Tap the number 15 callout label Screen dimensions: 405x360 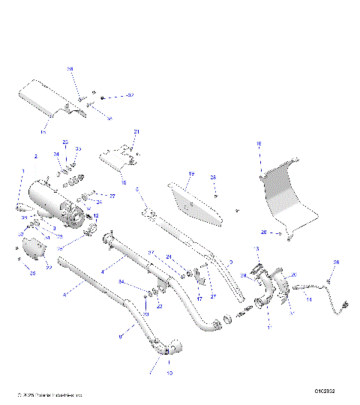pos(43,131)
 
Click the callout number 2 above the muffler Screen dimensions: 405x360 pos(35,156)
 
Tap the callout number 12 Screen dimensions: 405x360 pos(94,215)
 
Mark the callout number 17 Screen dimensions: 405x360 pos(199,298)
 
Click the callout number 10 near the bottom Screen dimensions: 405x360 pos(168,373)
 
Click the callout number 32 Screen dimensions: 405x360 pos(109,118)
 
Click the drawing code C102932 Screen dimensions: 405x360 pos(325,391)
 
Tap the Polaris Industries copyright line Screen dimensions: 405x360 pos(49,393)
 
